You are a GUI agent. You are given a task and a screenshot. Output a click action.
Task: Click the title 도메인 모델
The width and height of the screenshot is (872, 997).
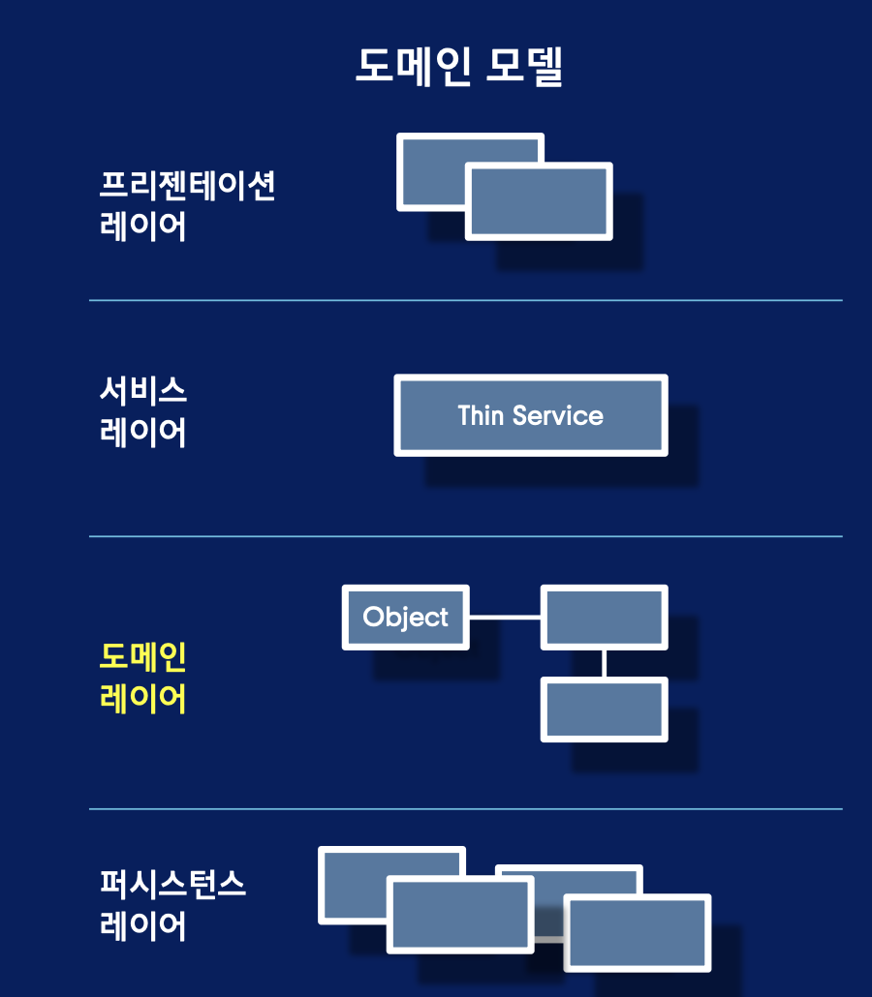pos(459,66)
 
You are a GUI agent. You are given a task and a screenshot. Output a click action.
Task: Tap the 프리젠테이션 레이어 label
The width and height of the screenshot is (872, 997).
pos(187,205)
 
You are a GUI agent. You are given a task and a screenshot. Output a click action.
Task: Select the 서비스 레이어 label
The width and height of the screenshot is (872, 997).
pos(143,411)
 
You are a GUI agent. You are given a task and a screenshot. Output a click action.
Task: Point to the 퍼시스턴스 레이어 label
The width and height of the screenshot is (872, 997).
pos(172,905)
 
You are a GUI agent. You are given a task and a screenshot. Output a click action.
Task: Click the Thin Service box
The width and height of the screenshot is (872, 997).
pos(530,415)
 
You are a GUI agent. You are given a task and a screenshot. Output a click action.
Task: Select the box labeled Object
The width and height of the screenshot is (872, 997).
pos(405,617)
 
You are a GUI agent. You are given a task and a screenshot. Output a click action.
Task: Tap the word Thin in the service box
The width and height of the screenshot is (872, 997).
pos(481,415)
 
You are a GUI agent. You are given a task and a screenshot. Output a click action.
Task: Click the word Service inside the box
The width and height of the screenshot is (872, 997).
pos(557,415)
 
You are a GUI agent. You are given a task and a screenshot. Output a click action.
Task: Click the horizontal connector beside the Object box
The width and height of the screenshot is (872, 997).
pos(504,617)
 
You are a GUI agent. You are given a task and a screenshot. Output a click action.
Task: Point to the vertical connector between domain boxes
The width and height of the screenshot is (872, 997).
pos(604,663)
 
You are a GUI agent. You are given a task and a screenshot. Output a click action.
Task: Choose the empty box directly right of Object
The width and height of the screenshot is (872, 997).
pos(604,617)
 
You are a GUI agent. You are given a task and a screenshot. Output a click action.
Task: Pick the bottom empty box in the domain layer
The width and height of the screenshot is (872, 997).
pos(604,710)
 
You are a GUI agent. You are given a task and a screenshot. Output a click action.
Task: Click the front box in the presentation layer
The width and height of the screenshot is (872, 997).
pos(539,201)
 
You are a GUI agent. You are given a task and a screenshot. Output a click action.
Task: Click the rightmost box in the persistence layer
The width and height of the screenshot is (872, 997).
pos(638,932)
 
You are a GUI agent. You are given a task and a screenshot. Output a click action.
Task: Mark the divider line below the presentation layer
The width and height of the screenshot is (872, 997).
pos(465,300)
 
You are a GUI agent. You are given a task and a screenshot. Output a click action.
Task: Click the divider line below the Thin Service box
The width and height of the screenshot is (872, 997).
pos(465,536)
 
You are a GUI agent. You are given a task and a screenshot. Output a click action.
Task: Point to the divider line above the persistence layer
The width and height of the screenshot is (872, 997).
pos(465,808)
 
